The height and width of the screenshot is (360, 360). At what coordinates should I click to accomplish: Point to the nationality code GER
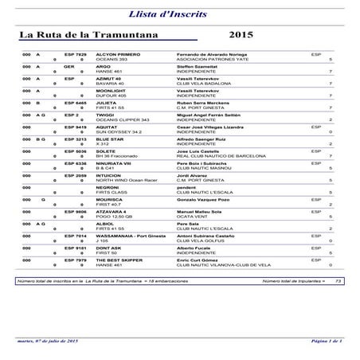[69, 66]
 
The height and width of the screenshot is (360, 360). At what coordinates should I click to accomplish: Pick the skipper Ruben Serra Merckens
[205, 103]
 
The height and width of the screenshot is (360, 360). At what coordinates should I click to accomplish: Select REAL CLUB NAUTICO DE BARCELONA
[221, 157]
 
